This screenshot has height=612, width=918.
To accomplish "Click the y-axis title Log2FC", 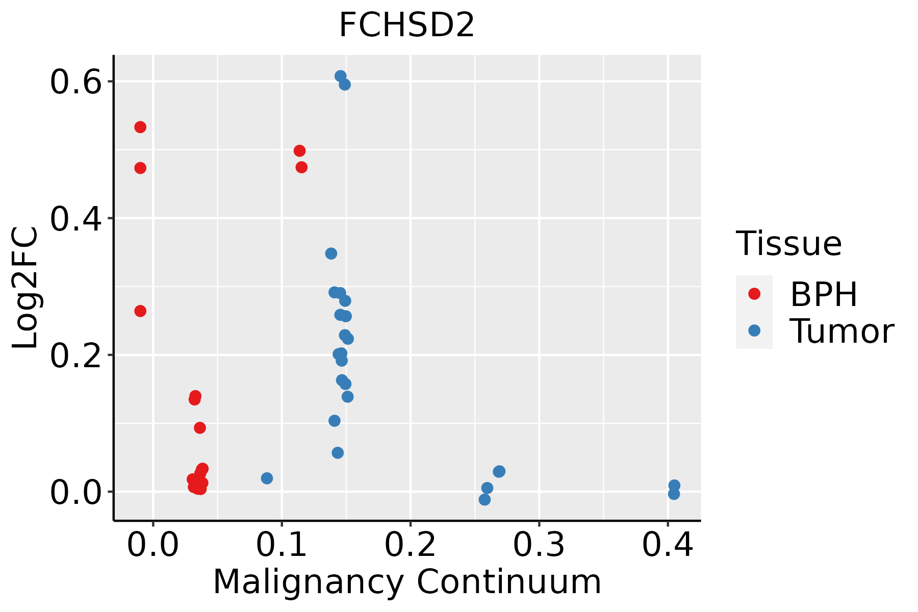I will pyautogui.click(x=25, y=288).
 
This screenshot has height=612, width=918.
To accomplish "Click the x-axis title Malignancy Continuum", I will pyautogui.click(x=406, y=582).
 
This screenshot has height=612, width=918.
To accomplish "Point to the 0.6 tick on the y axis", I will pyautogui.click(x=74, y=82).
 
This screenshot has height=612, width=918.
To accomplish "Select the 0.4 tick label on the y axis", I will pyautogui.click(x=74, y=219).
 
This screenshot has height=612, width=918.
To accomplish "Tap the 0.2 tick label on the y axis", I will pyautogui.click(x=74, y=355).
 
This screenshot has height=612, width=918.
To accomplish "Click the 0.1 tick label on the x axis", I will pyautogui.click(x=281, y=545).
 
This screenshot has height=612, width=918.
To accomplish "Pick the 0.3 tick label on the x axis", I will pyautogui.click(x=539, y=545).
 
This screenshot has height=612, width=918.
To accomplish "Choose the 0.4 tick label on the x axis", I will pyautogui.click(x=667, y=545).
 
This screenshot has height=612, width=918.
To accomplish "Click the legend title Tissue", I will pyautogui.click(x=788, y=244).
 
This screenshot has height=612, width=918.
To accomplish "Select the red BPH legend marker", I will pyautogui.click(x=754, y=294).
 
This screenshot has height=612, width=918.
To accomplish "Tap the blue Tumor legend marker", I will pyautogui.click(x=754, y=330).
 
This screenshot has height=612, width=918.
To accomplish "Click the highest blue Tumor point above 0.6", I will pyautogui.click(x=341, y=76).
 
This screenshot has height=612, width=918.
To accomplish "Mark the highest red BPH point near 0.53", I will pyautogui.click(x=140, y=127).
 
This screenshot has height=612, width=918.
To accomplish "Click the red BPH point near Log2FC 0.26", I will pyautogui.click(x=140, y=311).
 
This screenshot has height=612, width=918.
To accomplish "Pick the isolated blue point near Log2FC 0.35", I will pyautogui.click(x=331, y=253).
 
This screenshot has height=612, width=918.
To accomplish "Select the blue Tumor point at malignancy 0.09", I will pyautogui.click(x=267, y=478).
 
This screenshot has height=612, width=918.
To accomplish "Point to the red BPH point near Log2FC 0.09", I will pyautogui.click(x=200, y=428).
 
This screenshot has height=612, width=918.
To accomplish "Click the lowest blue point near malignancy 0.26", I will pyautogui.click(x=484, y=499).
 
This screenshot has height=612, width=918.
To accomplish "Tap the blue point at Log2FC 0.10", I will pyautogui.click(x=335, y=421).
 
